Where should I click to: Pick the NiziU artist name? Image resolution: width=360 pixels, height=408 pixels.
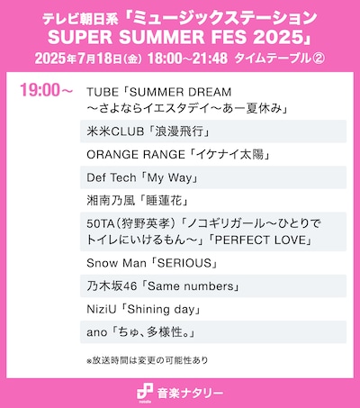(x=103, y=310)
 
